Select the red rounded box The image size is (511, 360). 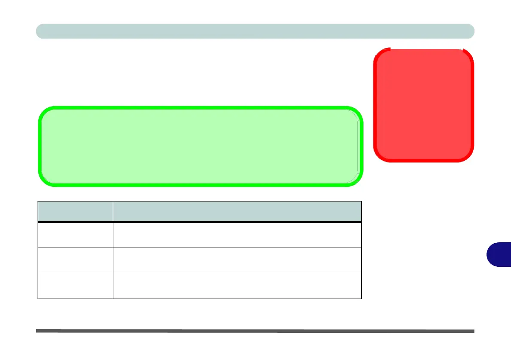[x=424, y=105]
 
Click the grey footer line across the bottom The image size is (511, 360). [x=255, y=331]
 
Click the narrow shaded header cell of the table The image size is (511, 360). [x=75, y=211]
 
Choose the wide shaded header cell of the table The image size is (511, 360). [x=237, y=211]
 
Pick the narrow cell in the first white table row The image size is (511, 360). [x=75, y=235]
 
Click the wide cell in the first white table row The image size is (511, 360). [x=237, y=235]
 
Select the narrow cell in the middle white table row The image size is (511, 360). [x=75, y=260]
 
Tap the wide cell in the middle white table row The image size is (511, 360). [x=237, y=260]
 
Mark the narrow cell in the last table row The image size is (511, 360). [x=75, y=286]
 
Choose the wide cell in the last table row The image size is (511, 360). [x=237, y=286]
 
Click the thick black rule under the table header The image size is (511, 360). [x=200, y=222]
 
